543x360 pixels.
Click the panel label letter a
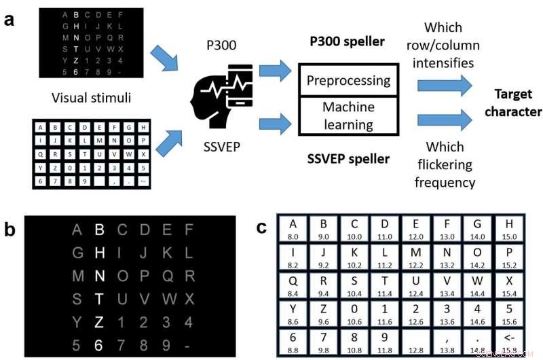10,19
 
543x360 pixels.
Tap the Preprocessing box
348,81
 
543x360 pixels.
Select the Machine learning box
348,115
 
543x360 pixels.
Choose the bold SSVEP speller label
348,159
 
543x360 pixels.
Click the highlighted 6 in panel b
99,345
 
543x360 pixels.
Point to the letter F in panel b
189,230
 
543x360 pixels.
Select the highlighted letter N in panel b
99,276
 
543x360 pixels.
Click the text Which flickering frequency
445,165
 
